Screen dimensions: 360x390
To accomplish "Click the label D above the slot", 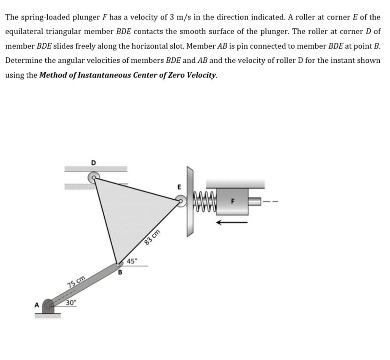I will pyautogui.click(x=94, y=163).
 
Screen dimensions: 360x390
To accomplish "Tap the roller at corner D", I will pyautogui.click(x=93, y=177).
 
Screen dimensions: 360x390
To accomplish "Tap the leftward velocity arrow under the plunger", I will pyautogui.click(x=232, y=222).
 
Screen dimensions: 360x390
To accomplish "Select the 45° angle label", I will pyautogui.click(x=132, y=261).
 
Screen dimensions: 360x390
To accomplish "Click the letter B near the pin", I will pyautogui.click(x=120, y=272).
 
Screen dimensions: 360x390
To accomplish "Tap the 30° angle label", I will pyautogui.click(x=71, y=303).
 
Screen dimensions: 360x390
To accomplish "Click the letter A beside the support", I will pyautogui.click(x=37, y=305).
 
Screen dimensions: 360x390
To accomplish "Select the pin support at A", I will pyautogui.click(x=48, y=306).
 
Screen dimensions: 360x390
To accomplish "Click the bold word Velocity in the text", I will pyautogui.click(x=202, y=75).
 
